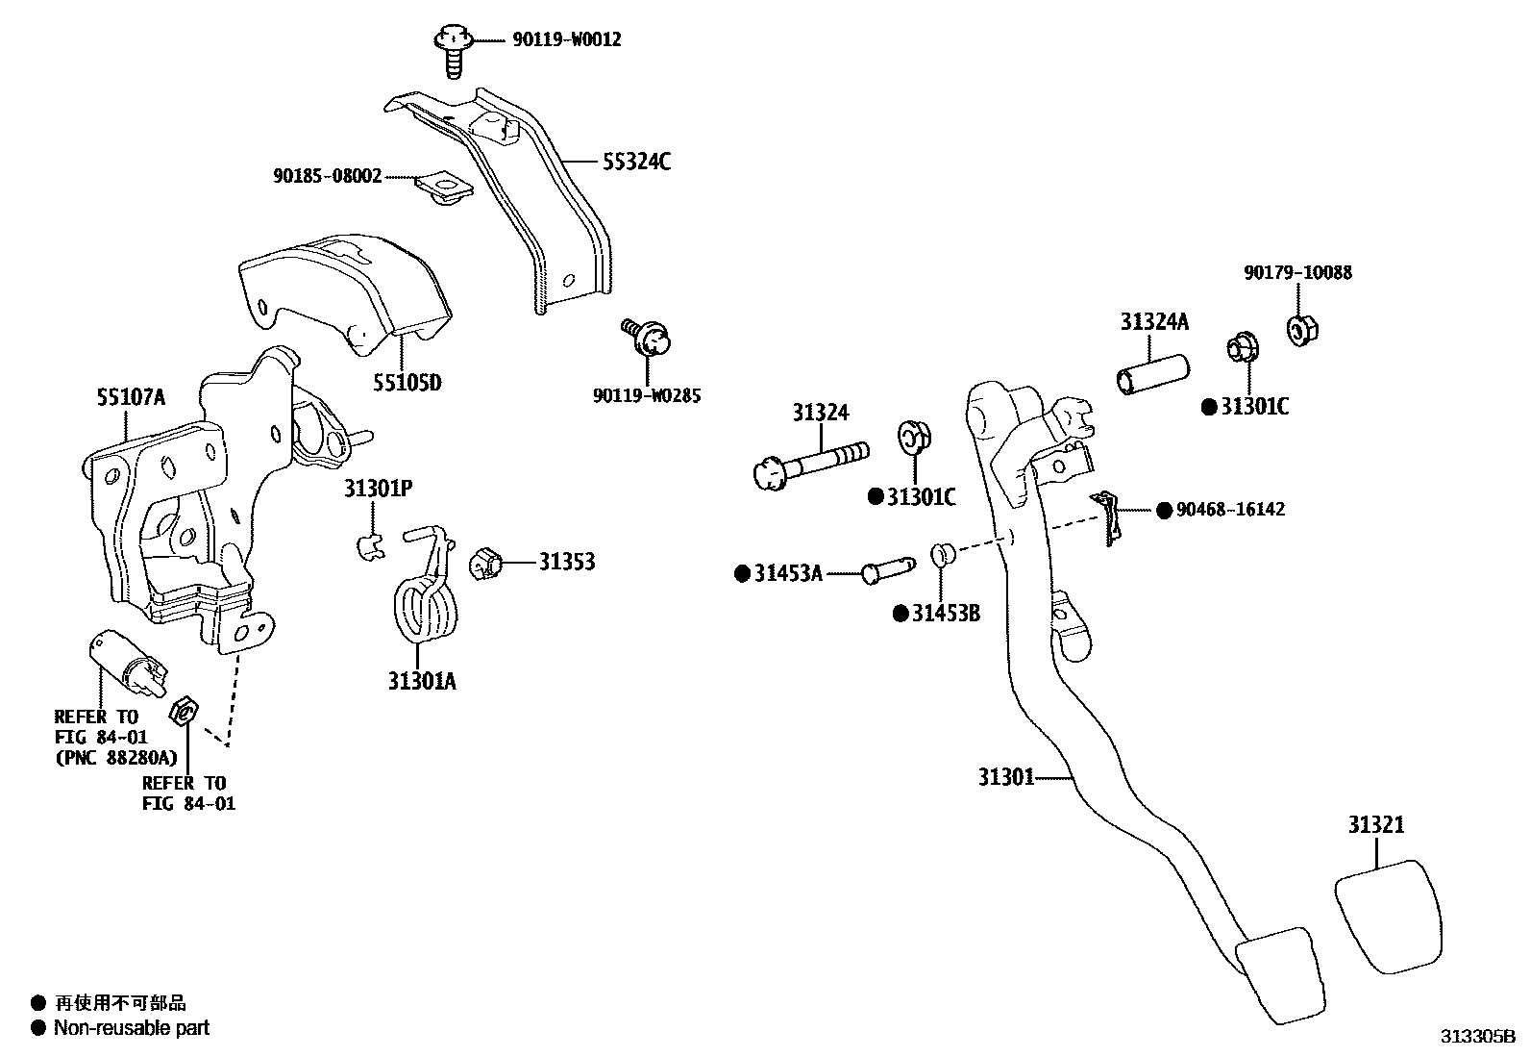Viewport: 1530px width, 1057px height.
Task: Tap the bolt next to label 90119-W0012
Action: (452, 47)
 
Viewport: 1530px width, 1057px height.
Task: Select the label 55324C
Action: (636, 162)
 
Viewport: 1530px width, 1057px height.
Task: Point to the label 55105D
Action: (407, 384)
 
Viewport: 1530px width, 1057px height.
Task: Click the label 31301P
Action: (379, 490)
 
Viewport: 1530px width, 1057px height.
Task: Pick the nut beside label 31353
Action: (486, 562)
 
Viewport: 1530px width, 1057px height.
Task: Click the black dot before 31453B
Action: (901, 614)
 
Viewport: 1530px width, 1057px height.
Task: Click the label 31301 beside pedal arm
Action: (1006, 776)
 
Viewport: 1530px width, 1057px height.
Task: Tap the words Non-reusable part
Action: (131, 1028)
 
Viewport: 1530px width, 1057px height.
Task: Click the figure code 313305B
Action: (1476, 1037)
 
